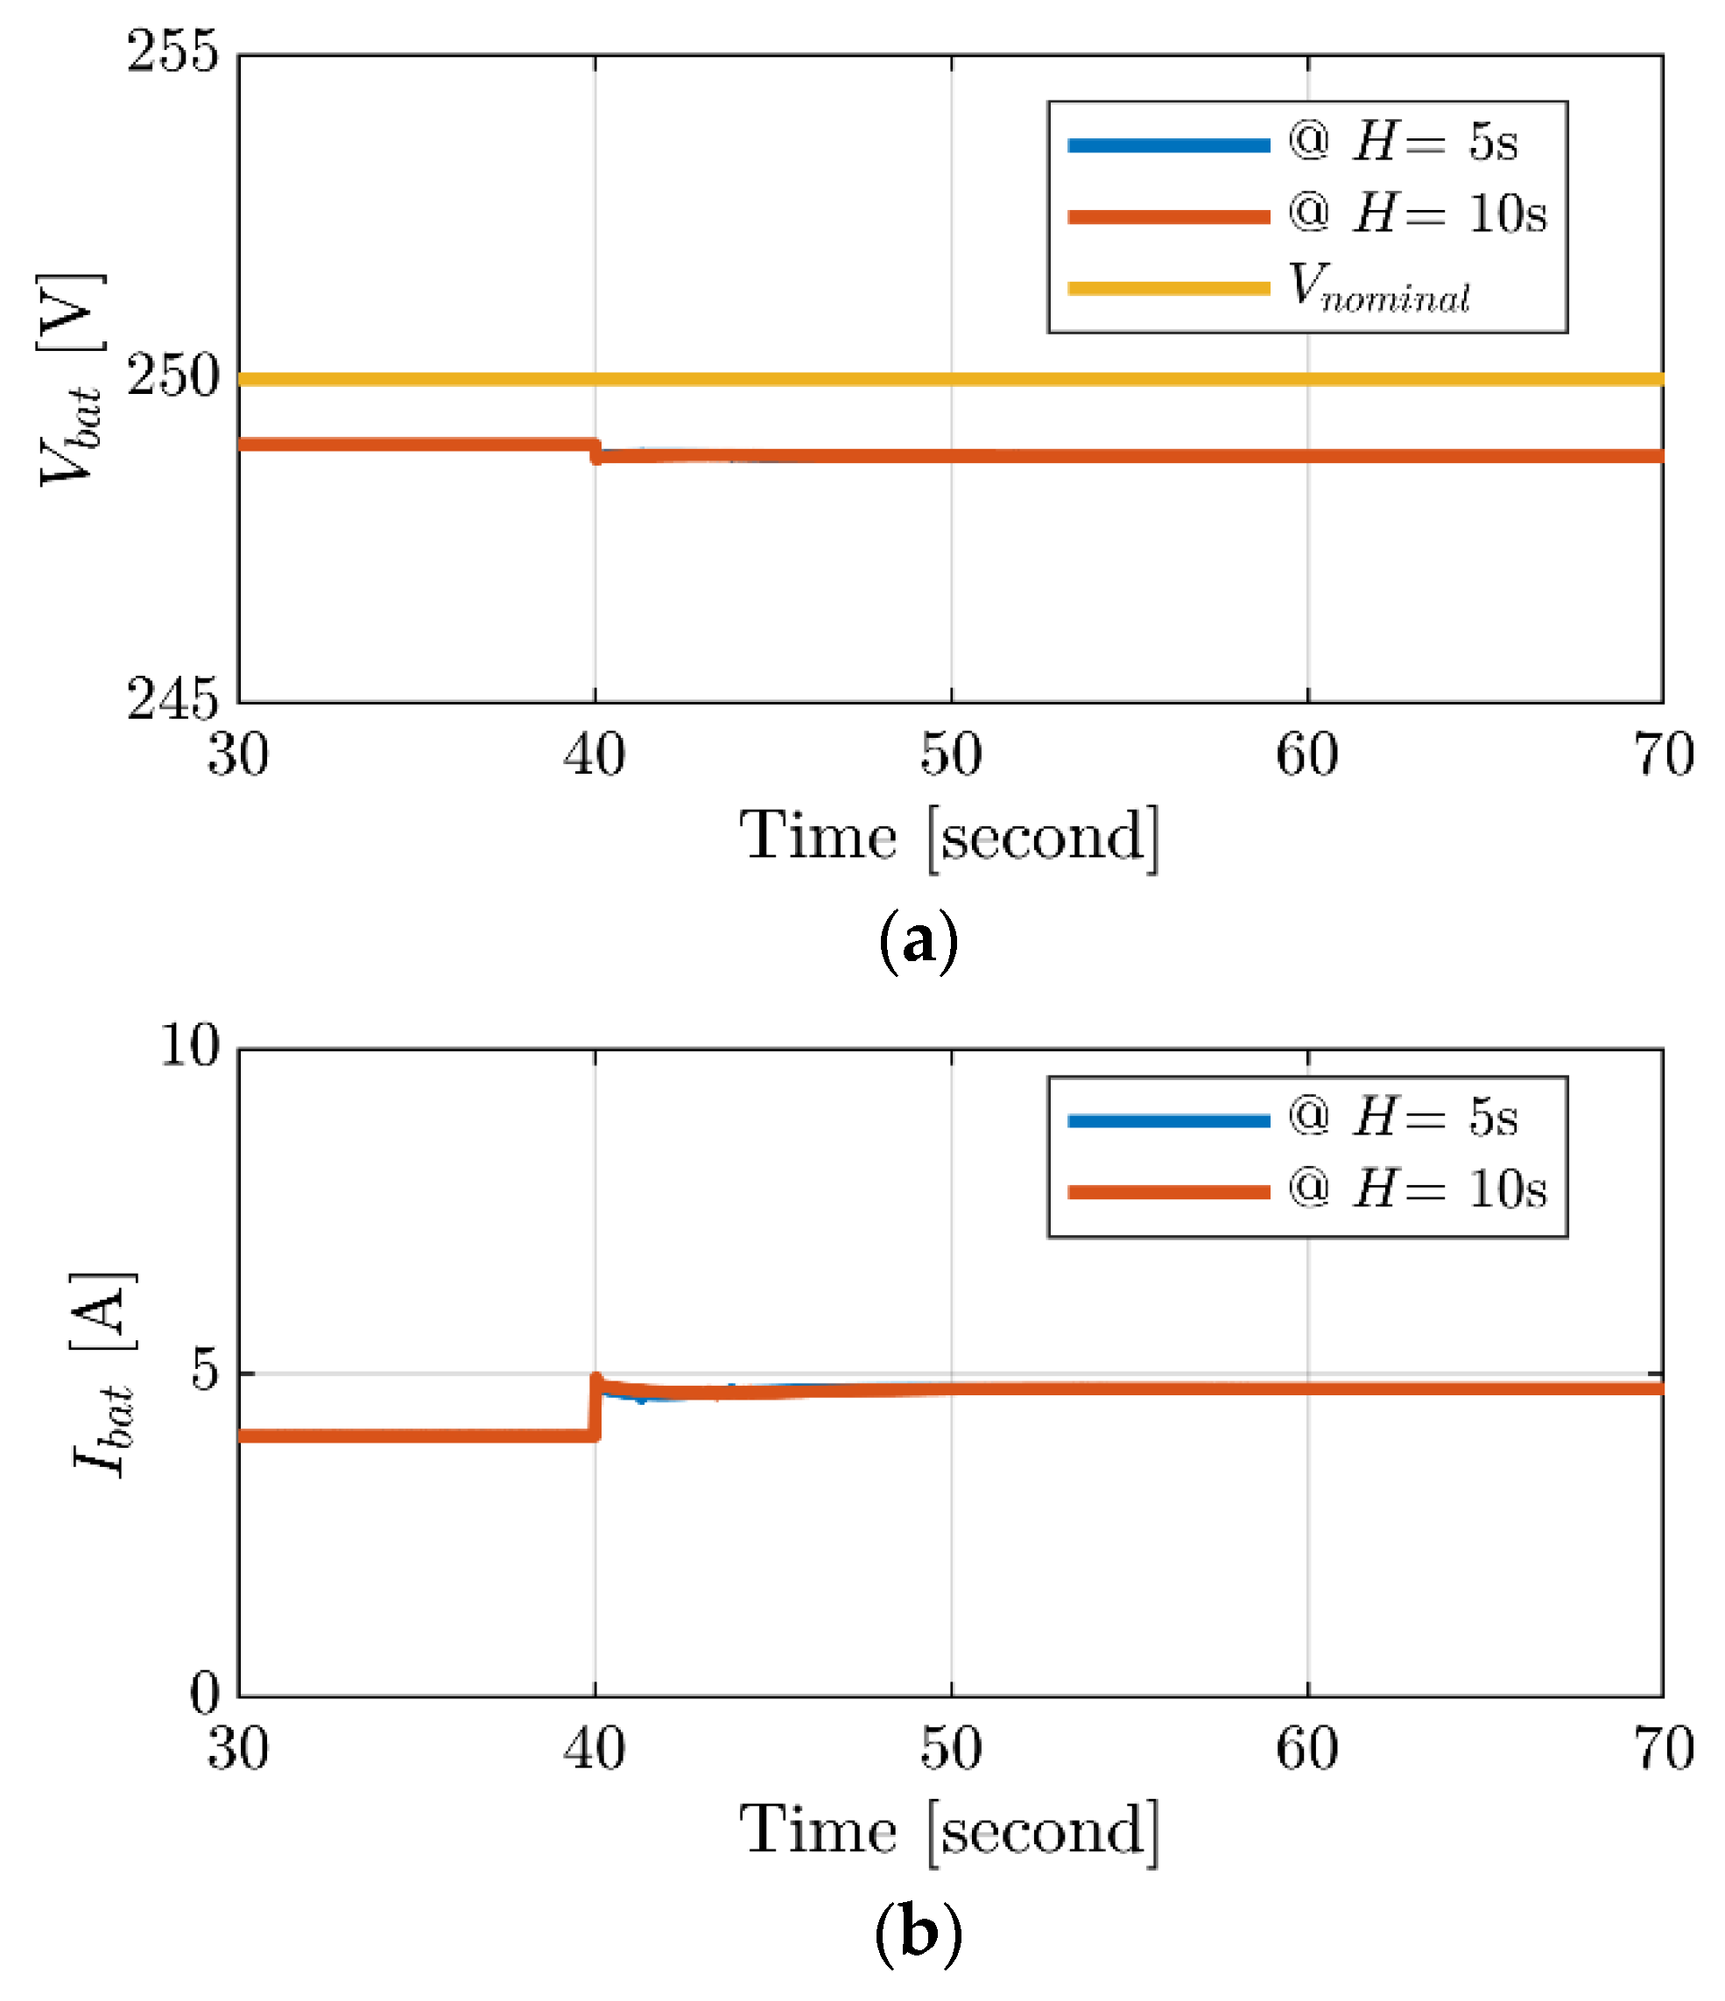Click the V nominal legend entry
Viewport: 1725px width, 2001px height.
point(1377,287)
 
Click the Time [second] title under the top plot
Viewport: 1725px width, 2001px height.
point(948,836)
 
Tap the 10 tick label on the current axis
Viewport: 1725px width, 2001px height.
point(189,1045)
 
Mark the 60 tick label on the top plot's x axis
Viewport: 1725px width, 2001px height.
point(1306,755)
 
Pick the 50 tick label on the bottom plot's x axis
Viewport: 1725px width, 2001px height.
point(950,1749)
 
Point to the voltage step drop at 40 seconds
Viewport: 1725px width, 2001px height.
point(596,450)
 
